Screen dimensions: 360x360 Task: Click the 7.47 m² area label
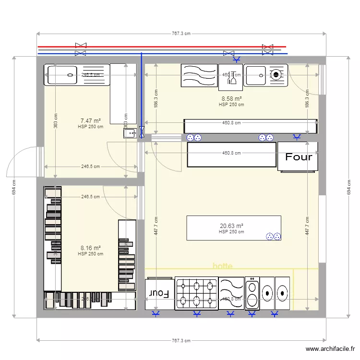[90, 121]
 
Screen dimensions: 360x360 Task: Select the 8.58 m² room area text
[231, 98]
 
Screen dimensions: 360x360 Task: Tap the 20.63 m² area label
[231, 226]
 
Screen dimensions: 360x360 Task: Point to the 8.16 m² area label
[90, 248]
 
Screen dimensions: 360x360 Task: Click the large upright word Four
[299, 157]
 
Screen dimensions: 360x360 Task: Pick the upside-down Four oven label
[159, 293]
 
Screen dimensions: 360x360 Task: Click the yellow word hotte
[222, 266]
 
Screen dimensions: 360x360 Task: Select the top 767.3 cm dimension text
[181, 34]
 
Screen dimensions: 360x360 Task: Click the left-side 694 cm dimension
[14, 187]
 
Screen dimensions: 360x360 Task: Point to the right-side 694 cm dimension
[348, 187]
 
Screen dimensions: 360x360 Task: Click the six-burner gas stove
[196, 293]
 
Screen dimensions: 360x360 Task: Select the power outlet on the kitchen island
[273, 236]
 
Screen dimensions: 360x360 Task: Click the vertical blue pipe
[142, 91]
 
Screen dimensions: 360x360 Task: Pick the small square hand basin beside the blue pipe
[130, 133]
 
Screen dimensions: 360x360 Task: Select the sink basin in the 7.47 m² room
[61, 75]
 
